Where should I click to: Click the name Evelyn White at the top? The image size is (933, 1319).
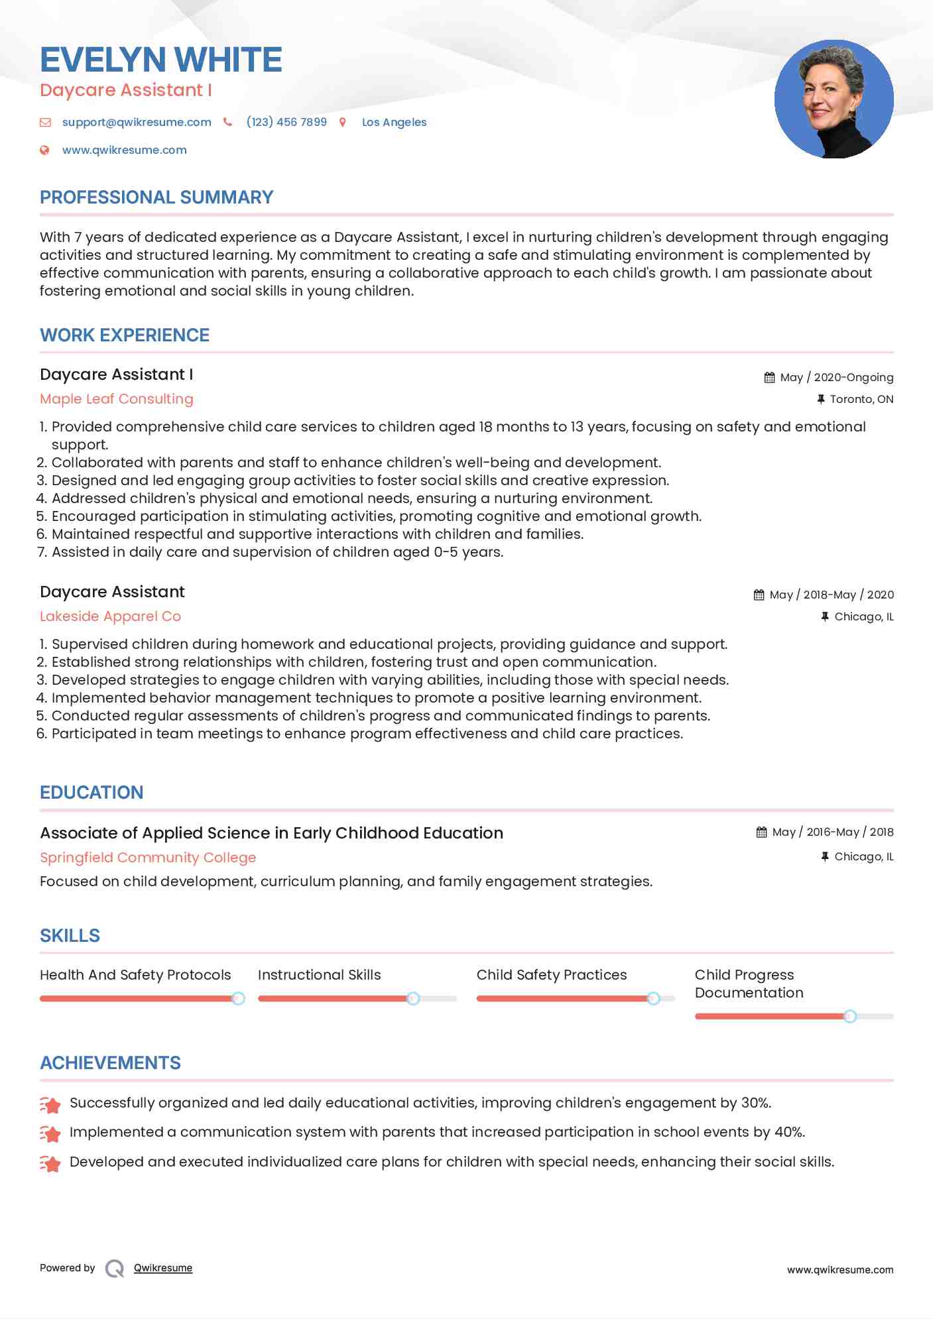pos(161,60)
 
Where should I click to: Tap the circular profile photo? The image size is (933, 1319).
pos(834,99)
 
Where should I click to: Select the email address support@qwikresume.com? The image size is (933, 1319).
pos(137,122)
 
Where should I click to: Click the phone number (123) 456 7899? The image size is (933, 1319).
pos(286,122)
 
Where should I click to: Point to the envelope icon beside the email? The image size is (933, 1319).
pos(45,122)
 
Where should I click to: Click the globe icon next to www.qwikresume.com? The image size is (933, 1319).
pos(44,150)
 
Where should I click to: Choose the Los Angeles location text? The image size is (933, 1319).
pos(394,122)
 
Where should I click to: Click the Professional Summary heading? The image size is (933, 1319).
pos(156,198)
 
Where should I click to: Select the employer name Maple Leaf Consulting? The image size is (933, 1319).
pos(117,399)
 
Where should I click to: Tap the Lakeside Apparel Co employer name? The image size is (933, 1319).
pos(110,616)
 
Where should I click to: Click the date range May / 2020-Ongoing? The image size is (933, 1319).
pos(836,377)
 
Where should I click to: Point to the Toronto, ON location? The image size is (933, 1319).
pos(861,399)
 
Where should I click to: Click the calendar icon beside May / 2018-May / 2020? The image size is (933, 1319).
pos(759,595)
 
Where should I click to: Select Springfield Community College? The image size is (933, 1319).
pos(148,858)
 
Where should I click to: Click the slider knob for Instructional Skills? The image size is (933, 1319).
pos(413,998)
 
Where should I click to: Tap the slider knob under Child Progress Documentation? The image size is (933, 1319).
pos(850,1016)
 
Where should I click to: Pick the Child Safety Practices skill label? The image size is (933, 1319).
pos(552,975)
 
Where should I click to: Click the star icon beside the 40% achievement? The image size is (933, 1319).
pos(50,1133)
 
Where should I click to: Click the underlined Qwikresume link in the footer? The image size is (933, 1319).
pos(163,1268)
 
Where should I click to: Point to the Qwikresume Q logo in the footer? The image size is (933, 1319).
pos(115,1269)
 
